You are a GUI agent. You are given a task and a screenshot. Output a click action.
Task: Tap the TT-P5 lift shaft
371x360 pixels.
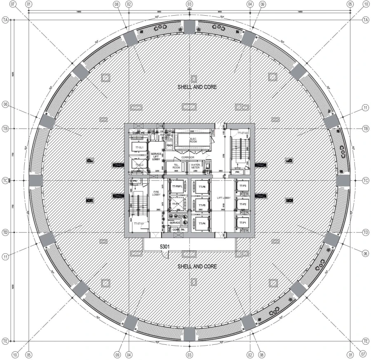pos(201,205)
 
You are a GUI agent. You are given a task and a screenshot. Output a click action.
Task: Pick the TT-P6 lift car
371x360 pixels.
pos(201,187)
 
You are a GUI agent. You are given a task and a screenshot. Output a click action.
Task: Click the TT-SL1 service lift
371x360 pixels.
pos(137,147)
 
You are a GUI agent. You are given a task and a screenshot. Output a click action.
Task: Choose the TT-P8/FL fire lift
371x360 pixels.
pos(177,187)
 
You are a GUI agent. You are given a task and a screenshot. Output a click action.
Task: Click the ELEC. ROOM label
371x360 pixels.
pos(193,140)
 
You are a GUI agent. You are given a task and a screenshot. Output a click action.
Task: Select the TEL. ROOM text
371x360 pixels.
pos(176,167)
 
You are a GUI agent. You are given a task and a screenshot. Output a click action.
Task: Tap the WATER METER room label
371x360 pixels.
pos(195,167)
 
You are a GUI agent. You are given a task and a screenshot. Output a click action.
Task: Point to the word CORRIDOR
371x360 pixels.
pos(188,157)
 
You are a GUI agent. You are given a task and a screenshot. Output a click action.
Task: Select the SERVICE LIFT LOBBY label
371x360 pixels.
pos(156,157)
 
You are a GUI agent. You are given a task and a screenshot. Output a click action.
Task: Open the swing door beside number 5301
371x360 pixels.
pos(165,255)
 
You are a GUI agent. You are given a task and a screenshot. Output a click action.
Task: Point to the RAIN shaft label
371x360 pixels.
pos(169,145)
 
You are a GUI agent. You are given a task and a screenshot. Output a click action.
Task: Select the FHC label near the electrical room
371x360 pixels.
pos(213,132)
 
